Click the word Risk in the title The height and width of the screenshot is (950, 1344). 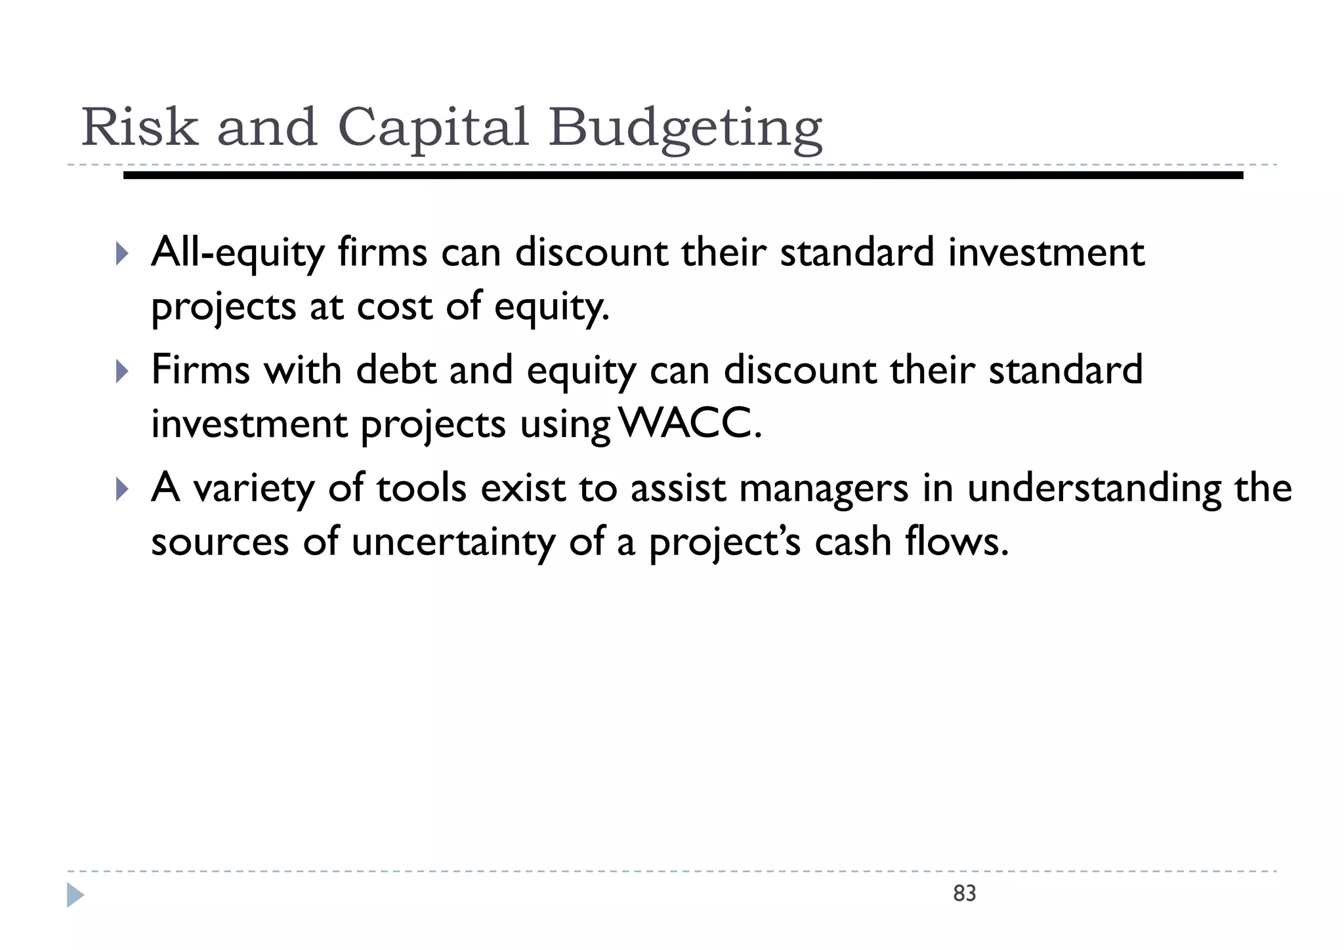tap(139, 127)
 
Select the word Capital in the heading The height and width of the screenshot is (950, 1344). tap(432, 127)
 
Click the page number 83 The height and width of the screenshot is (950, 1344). tap(964, 894)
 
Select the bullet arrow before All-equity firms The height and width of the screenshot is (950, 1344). tap(122, 253)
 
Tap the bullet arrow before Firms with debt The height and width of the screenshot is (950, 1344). tap(122, 371)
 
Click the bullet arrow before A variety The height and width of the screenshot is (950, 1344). tap(122, 489)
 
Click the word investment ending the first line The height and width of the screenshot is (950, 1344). tap(1046, 253)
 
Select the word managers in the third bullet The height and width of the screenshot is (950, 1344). tap(824, 489)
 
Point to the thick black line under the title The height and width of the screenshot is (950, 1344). tap(682, 175)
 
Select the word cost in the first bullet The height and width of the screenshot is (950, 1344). tap(394, 307)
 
